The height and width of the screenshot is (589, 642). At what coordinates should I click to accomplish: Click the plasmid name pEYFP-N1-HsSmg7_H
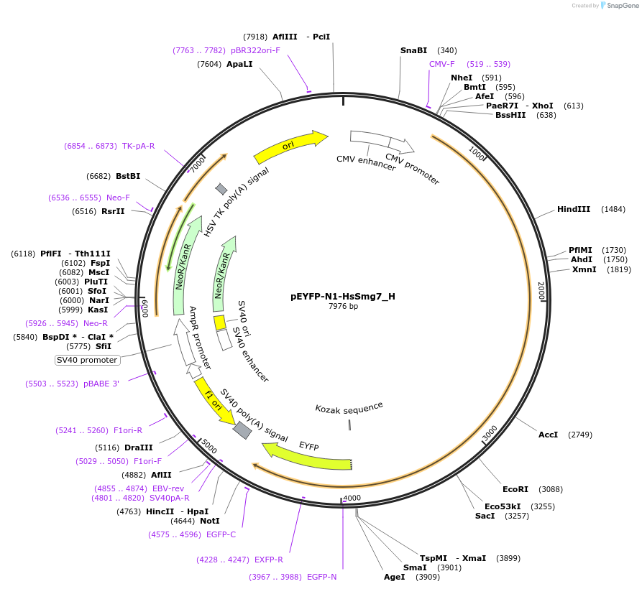(x=342, y=296)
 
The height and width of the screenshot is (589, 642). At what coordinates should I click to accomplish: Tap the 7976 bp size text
(x=343, y=307)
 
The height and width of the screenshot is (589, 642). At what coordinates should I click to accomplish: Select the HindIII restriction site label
(x=573, y=209)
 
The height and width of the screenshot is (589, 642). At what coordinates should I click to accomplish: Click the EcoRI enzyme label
(x=515, y=489)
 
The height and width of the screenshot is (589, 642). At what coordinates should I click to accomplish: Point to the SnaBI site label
(x=413, y=50)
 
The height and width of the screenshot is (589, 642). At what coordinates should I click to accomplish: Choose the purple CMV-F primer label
(x=441, y=64)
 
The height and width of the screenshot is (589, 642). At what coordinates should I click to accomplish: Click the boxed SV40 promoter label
(x=86, y=360)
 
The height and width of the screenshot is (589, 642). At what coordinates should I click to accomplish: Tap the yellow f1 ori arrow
(x=214, y=402)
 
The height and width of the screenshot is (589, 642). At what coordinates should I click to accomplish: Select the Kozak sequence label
(x=349, y=408)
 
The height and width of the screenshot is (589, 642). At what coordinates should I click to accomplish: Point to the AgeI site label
(x=393, y=577)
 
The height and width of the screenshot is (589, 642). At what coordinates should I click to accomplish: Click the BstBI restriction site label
(x=128, y=176)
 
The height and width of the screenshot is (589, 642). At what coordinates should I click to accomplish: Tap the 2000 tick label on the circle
(x=541, y=292)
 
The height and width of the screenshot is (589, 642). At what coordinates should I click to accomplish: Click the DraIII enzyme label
(x=138, y=447)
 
